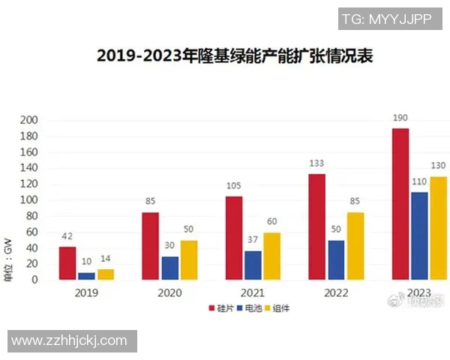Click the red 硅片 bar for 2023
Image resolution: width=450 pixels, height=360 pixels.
(400, 204)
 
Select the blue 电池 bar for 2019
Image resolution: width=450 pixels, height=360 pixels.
(87, 275)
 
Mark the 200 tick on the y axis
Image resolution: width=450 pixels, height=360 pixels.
(28, 121)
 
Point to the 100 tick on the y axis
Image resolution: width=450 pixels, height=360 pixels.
(28, 200)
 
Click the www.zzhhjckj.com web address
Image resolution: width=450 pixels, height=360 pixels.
(70, 340)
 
